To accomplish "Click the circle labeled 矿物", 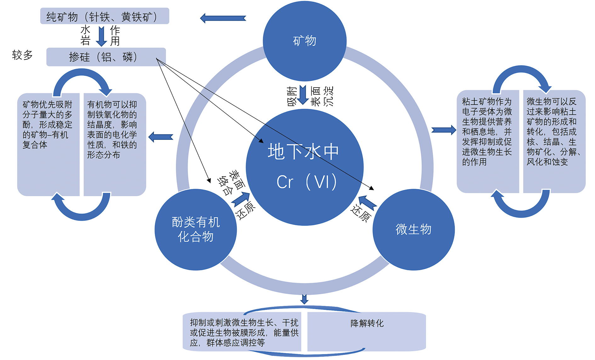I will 304,41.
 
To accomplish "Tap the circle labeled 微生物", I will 413,229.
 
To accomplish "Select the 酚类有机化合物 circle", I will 195,229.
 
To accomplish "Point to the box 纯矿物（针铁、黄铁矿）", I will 105,16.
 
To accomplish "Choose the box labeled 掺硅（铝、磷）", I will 106,57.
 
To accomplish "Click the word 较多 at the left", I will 22,55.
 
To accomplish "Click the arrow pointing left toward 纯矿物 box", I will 223,18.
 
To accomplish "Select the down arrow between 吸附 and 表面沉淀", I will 303,95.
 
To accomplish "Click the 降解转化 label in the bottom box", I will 367,323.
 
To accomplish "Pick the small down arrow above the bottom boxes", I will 304,299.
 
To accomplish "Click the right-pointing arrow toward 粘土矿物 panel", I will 444,130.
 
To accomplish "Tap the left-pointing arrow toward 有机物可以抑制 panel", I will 161,137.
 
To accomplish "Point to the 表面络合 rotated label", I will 231,183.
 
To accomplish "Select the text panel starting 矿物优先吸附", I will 48,125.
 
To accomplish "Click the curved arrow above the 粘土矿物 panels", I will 521,76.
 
